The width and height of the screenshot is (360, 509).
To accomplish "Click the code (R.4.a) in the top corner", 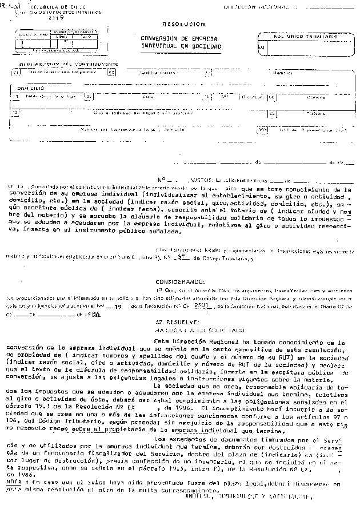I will point(9,6).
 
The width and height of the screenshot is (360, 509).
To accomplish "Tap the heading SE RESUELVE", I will point(170,323).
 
